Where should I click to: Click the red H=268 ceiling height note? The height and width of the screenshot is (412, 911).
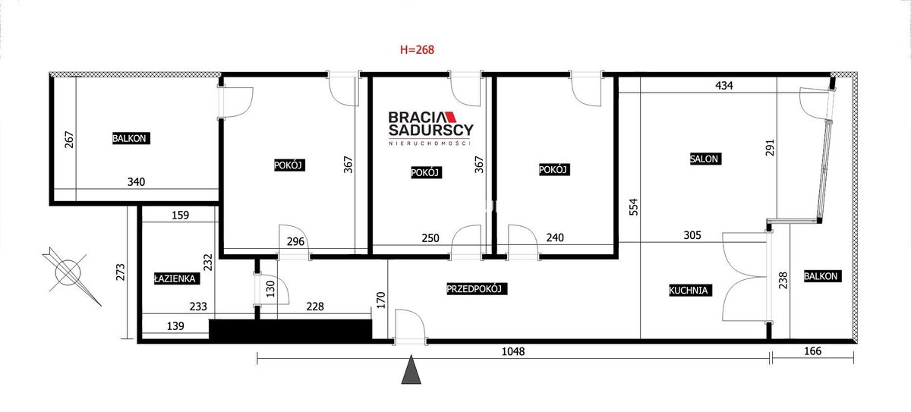pos(417,49)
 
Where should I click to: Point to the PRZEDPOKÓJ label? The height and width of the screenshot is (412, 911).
pos(477,289)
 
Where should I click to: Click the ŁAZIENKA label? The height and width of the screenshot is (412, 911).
pos(177,278)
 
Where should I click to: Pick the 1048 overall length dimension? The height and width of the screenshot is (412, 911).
pos(513,351)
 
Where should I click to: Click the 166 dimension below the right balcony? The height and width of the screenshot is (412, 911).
pos(812,351)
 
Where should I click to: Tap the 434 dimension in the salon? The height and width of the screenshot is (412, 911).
pos(724,85)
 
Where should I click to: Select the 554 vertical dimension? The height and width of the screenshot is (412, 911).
pos(634,207)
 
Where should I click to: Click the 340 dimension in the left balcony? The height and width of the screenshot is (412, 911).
pos(136,181)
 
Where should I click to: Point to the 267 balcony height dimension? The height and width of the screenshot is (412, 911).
pos(69,140)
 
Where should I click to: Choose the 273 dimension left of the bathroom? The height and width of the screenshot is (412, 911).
pos(121,272)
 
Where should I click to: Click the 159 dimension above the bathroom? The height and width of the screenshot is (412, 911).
pos(180,215)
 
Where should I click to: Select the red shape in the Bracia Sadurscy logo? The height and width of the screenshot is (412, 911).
pos(449,117)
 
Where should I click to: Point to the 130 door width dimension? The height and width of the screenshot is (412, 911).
pos(270,289)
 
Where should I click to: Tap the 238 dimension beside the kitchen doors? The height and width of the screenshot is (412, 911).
pos(783,280)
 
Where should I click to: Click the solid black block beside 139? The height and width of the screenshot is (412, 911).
pos(290,329)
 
